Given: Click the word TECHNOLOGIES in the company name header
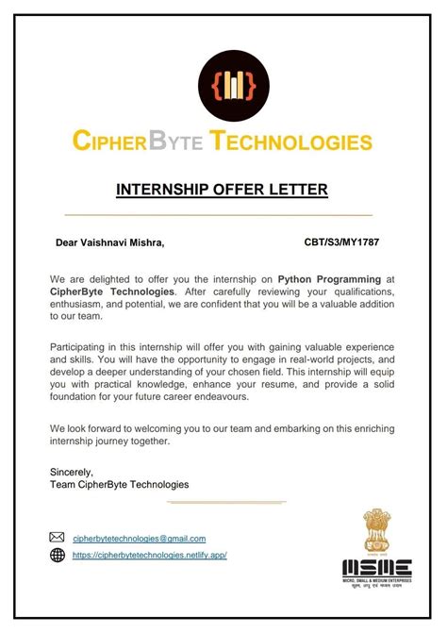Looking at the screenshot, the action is [x=291, y=142].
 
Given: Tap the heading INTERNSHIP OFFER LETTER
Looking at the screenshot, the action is [x=222, y=190].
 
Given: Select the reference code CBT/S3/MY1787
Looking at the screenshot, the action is [x=341, y=242].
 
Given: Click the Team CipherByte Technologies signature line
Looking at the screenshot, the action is [x=119, y=484].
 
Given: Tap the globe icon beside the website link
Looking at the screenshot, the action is [x=58, y=556].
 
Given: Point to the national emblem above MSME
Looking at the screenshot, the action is [x=377, y=531].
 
